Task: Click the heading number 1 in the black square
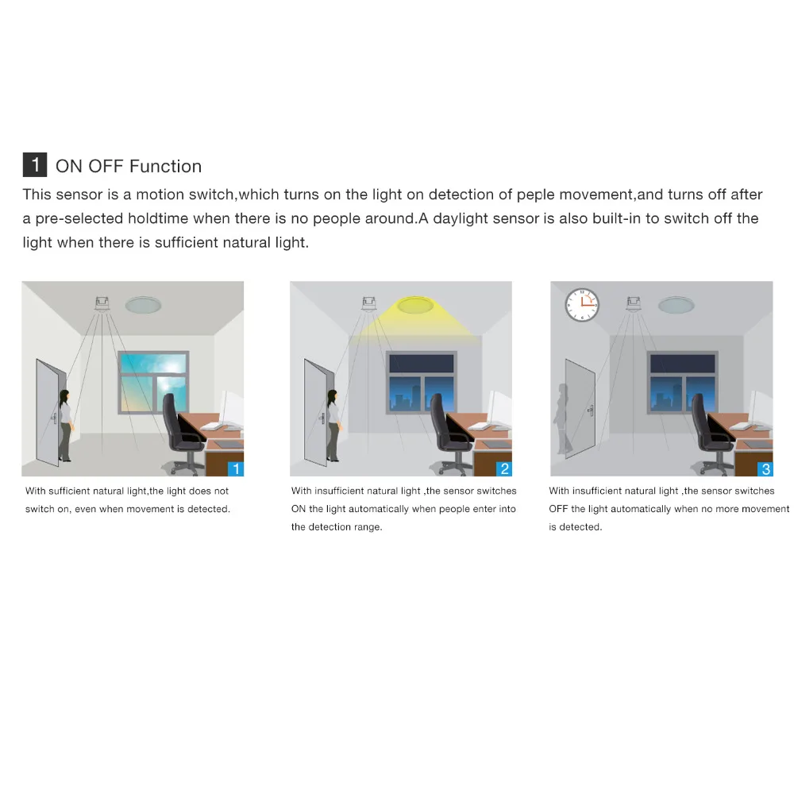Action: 35,165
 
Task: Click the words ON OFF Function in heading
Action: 129,166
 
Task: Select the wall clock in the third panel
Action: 581,304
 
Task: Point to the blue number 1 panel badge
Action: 236,468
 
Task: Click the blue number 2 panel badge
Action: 504,468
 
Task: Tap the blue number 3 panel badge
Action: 765,468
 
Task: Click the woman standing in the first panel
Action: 64,425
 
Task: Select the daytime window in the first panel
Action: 154,383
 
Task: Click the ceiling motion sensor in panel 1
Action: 102,303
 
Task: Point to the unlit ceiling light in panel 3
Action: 675,304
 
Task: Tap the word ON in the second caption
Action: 299,509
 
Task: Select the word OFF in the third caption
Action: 558,509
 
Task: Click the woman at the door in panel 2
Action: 333,425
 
